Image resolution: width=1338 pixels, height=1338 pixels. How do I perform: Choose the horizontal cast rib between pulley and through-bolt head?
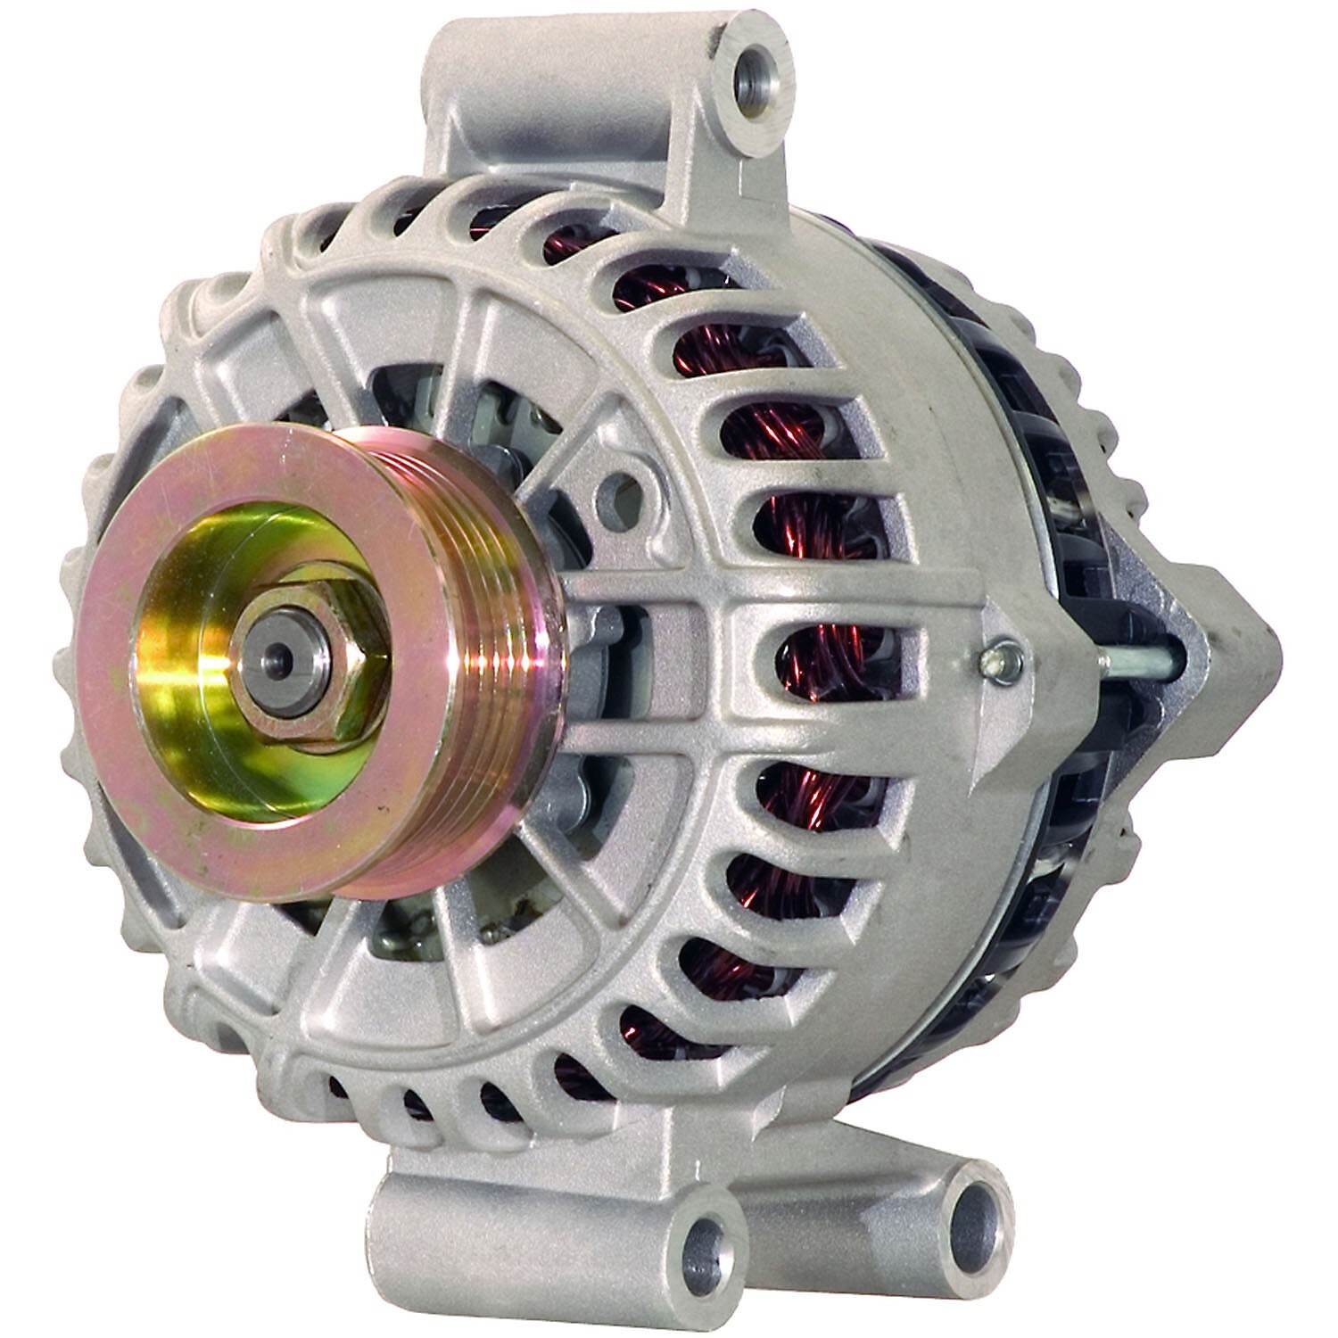point(758,589)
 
